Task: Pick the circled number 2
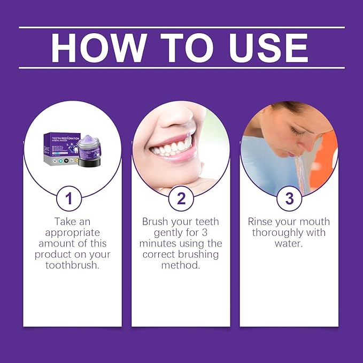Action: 181,199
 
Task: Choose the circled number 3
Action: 289,199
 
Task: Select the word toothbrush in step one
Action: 73,265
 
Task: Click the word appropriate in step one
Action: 73,233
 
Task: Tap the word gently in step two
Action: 168,233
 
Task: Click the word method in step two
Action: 181,265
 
